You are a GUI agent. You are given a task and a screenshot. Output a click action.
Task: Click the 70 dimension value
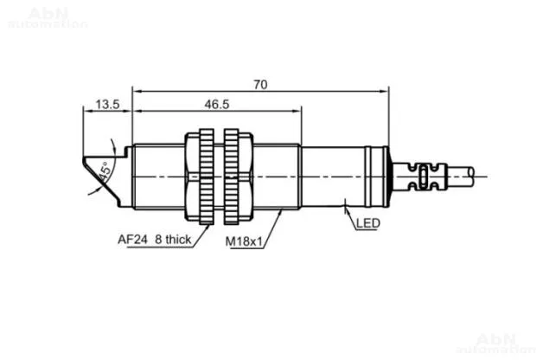point(260,84)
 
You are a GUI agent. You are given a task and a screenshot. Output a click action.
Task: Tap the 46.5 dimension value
point(217,104)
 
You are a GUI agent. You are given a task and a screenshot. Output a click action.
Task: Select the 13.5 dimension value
point(107,104)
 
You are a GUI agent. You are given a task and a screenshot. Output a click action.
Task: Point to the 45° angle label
point(105,170)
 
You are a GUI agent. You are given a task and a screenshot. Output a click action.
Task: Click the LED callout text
point(368,223)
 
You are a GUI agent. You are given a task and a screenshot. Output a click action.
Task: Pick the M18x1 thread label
point(244,241)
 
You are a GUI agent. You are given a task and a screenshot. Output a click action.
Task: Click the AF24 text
point(132,240)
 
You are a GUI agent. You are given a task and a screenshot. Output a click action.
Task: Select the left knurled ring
point(207,177)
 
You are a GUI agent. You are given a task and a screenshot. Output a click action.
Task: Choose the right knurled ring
point(231,177)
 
